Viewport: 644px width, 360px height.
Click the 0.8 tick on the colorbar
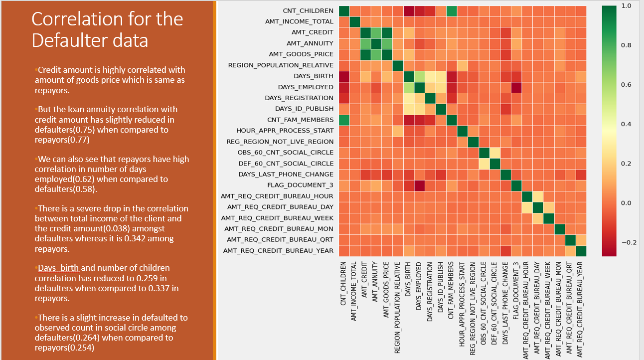point(627,45)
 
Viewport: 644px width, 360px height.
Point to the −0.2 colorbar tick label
point(629,242)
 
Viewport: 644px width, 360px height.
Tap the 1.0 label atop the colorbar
point(627,5)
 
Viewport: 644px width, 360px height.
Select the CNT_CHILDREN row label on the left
point(308,10)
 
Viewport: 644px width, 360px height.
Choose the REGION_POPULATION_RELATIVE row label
point(281,65)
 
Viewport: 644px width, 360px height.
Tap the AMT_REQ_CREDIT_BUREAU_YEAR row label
point(278,250)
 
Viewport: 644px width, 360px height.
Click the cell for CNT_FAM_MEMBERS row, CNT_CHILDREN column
point(344,120)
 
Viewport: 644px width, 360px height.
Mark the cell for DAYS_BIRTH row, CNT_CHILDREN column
point(344,76)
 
